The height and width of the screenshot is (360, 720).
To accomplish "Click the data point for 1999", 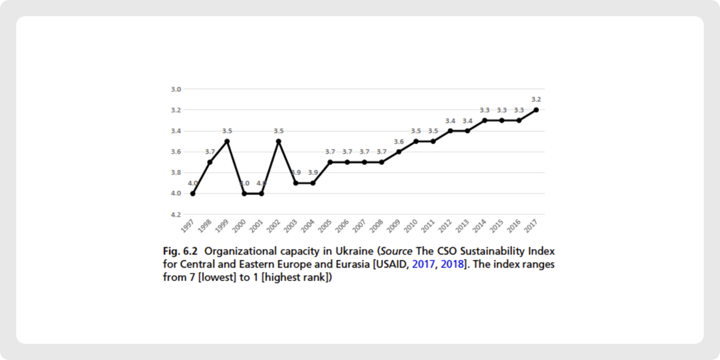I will pos(227,141).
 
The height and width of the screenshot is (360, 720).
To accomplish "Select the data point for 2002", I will pos(278,141).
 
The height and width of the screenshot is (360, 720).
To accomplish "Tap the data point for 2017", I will pos(536,110).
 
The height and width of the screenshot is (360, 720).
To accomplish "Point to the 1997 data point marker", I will pos(193,193).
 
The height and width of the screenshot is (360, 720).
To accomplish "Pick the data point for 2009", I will pos(398,152).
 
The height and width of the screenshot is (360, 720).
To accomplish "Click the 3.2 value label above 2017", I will pos(536,100).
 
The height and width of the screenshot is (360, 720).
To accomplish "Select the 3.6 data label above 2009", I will pos(398,142).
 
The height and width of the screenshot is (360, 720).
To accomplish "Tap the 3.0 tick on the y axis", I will pos(176,89).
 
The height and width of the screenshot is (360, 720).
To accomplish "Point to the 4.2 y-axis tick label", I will pos(176,214).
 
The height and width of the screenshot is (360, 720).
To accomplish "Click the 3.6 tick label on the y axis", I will pos(176,152).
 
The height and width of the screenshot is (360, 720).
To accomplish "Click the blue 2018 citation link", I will pos(452,265).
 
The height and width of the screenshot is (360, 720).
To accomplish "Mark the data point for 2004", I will pos(313,183).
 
